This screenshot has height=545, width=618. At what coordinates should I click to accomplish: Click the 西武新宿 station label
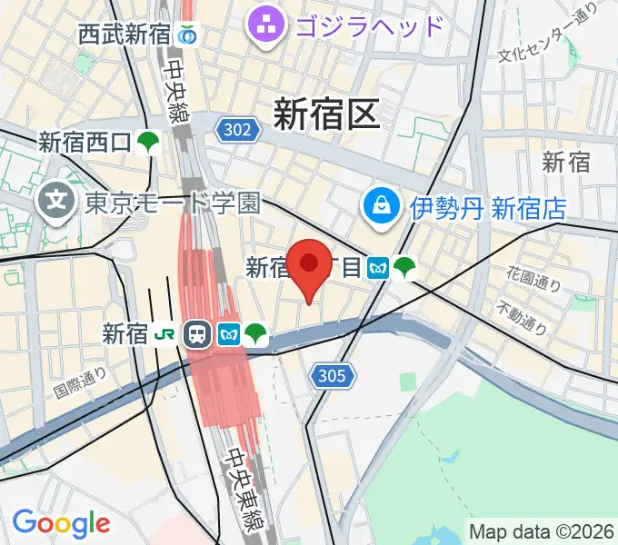click(124, 35)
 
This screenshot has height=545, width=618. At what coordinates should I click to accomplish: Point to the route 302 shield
click(235, 130)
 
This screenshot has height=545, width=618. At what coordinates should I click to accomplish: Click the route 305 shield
click(333, 374)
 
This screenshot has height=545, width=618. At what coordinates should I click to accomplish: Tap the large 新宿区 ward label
click(326, 115)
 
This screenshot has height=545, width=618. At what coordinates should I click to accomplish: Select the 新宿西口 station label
click(86, 142)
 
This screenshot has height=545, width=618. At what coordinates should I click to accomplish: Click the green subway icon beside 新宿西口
click(149, 142)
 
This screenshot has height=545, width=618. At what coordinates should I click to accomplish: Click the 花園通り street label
click(535, 277)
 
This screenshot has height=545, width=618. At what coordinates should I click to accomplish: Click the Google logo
click(61, 523)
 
